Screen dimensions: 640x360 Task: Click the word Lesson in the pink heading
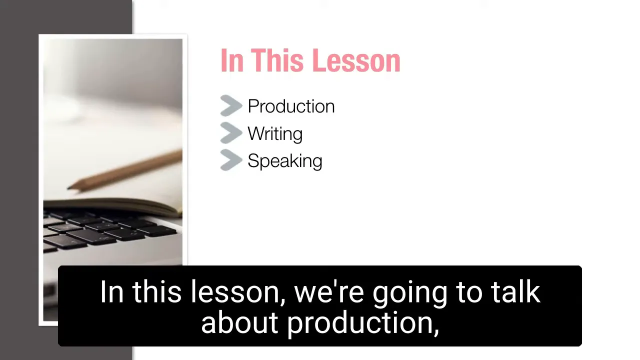tap(356, 60)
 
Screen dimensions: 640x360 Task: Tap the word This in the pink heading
tap(277, 60)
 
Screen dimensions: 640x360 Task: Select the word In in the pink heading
tap(232, 60)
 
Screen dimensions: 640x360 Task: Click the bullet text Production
tap(291, 106)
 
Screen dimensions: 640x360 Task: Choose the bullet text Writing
tap(275, 133)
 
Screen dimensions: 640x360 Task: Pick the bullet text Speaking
tap(285, 161)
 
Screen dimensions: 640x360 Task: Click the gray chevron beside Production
tap(231, 105)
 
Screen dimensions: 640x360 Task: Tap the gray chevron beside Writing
tap(231, 133)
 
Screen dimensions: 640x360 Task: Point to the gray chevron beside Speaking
tap(231, 160)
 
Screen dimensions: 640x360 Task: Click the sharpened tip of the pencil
tap(68, 188)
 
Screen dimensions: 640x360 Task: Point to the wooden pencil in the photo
tap(124, 171)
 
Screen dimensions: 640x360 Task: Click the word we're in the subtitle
tap(329, 292)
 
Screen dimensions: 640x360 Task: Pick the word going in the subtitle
tap(410, 294)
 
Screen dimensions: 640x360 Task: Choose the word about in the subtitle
tap(239, 322)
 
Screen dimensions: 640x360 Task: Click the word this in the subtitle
tap(156, 291)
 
